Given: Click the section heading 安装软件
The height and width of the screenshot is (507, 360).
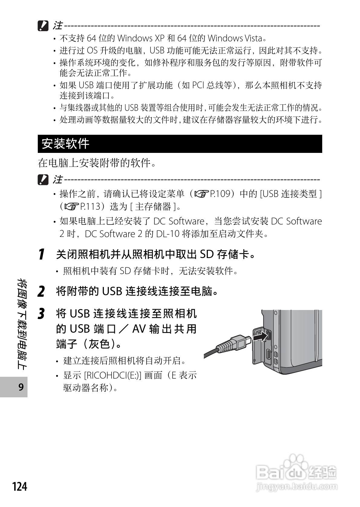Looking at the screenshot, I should click(x=65, y=144).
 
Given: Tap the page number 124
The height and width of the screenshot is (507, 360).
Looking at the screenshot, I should click(x=20, y=486).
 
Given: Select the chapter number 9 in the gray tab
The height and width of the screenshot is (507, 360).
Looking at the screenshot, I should click(x=21, y=387).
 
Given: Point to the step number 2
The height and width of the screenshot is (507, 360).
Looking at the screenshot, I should click(x=41, y=292).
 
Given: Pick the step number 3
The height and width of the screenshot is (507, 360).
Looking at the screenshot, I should click(x=41, y=314).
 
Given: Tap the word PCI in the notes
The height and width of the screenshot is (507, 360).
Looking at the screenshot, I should click(x=198, y=85).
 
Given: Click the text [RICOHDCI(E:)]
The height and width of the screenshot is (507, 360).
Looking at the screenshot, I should click(x=112, y=375).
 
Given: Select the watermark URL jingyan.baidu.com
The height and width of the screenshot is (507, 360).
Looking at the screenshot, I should click(x=296, y=487).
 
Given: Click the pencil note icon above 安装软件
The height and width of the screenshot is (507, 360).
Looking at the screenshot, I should click(x=43, y=26).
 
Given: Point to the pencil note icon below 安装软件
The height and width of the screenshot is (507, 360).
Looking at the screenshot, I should click(x=43, y=180).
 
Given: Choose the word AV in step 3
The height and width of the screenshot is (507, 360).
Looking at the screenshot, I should click(x=139, y=329).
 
